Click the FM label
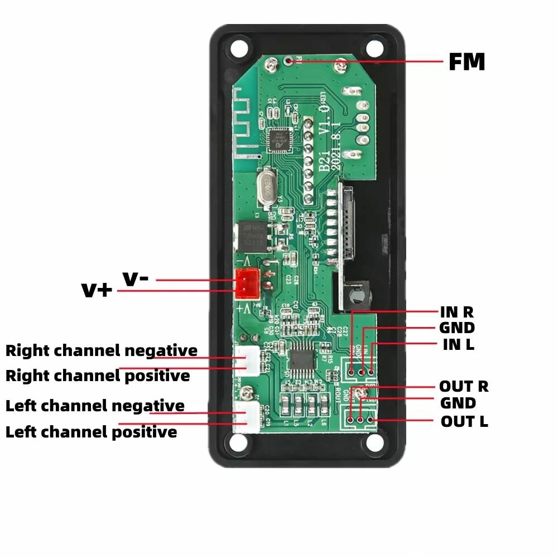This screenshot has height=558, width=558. point(466,62)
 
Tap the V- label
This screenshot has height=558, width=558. point(136,278)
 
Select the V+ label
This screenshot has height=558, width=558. point(97,290)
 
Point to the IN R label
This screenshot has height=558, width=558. point(456,312)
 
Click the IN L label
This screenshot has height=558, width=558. point(458,344)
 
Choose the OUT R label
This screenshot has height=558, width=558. point(463,386)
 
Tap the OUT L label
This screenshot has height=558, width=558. point(464,421)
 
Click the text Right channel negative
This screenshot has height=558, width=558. point(102,351)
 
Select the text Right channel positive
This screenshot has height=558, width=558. point(98,376)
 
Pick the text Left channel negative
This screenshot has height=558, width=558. point(95,406)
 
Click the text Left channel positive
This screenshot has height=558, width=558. point(91,432)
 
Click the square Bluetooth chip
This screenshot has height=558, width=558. point(278,140)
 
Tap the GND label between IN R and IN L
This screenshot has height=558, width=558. point(457,328)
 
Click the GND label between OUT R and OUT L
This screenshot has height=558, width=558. point(458,403)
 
